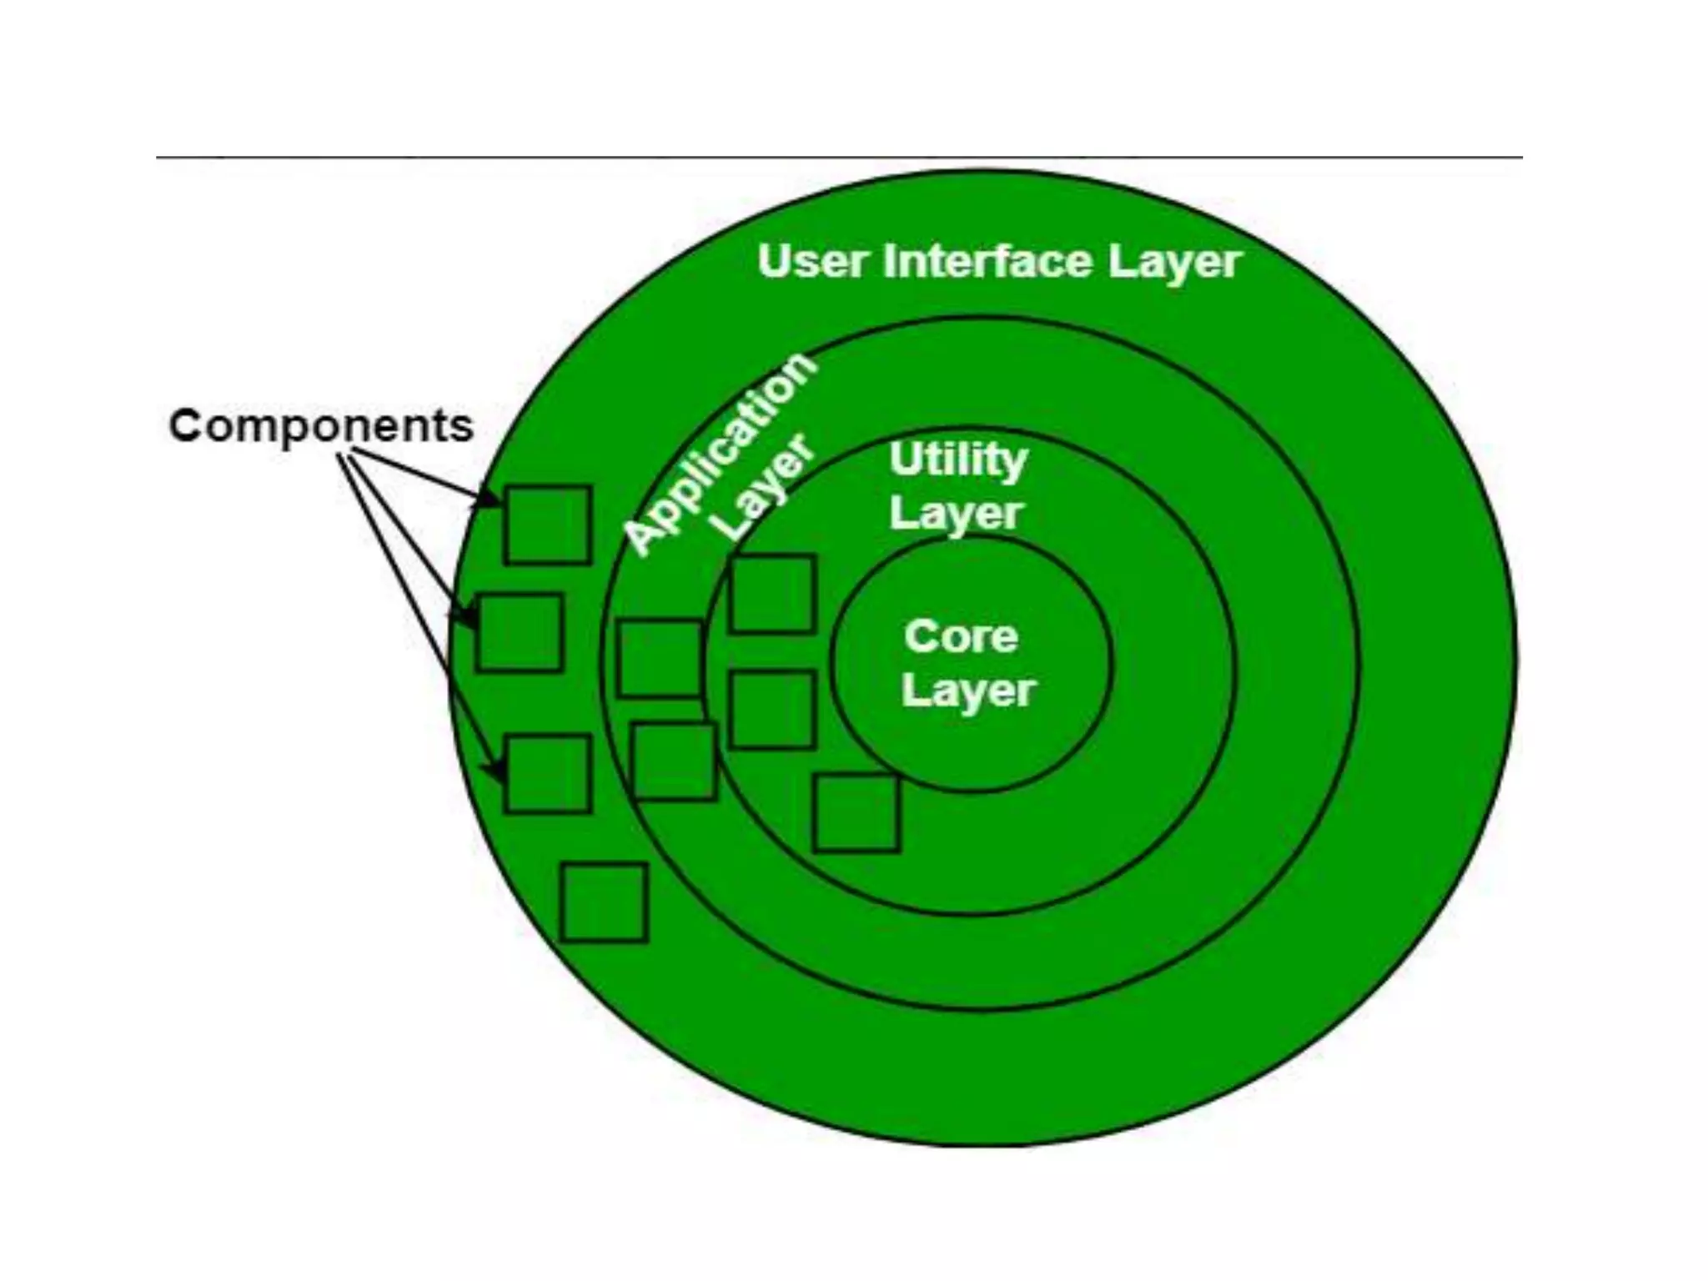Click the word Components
pyautogui.click(x=321, y=426)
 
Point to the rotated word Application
pyautogui.click(x=719, y=454)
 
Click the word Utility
pyautogui.click(x=958, y=460)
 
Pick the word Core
pyautogui.click(x=961, y=637)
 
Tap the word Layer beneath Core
pyautogui.click(x=967, y=691)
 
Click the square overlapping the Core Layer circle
pyautogui.click(x=857, y=812)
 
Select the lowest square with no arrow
pyautogui.click(x=604, y=902)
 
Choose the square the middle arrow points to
pyautogui.click(x=519, y=632)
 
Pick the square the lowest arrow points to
pyautogui.click(x=547, y=773)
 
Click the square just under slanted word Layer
pyautogui.click(x=772, y=594)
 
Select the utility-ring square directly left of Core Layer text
pyautogui.click(x=772, y=709)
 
